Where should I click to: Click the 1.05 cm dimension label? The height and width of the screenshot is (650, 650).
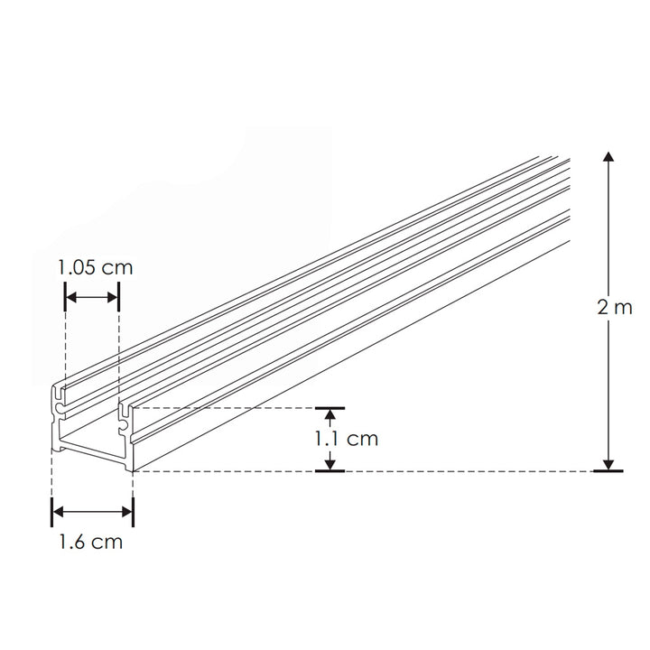point(94,268)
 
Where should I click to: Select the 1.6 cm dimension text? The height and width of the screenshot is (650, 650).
point(90,543)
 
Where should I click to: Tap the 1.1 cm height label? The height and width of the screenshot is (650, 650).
point(346,440)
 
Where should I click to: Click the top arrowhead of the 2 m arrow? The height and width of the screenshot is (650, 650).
point(608,158)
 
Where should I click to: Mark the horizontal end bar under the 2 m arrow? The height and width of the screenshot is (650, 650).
point(608,471)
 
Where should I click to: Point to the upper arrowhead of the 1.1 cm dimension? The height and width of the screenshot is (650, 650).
point(330,415)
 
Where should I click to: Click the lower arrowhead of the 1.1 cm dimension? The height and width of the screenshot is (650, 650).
point(330,463)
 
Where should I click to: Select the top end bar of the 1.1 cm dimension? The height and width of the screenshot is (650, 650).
point(330,408)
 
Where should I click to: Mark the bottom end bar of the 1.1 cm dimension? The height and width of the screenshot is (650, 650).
point(330,471)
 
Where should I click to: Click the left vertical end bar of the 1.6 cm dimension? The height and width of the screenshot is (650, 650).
point(52,512)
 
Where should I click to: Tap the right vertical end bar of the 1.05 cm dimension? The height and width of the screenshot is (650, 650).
point(119,297)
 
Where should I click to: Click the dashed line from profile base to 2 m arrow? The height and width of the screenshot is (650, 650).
point(451,471)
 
